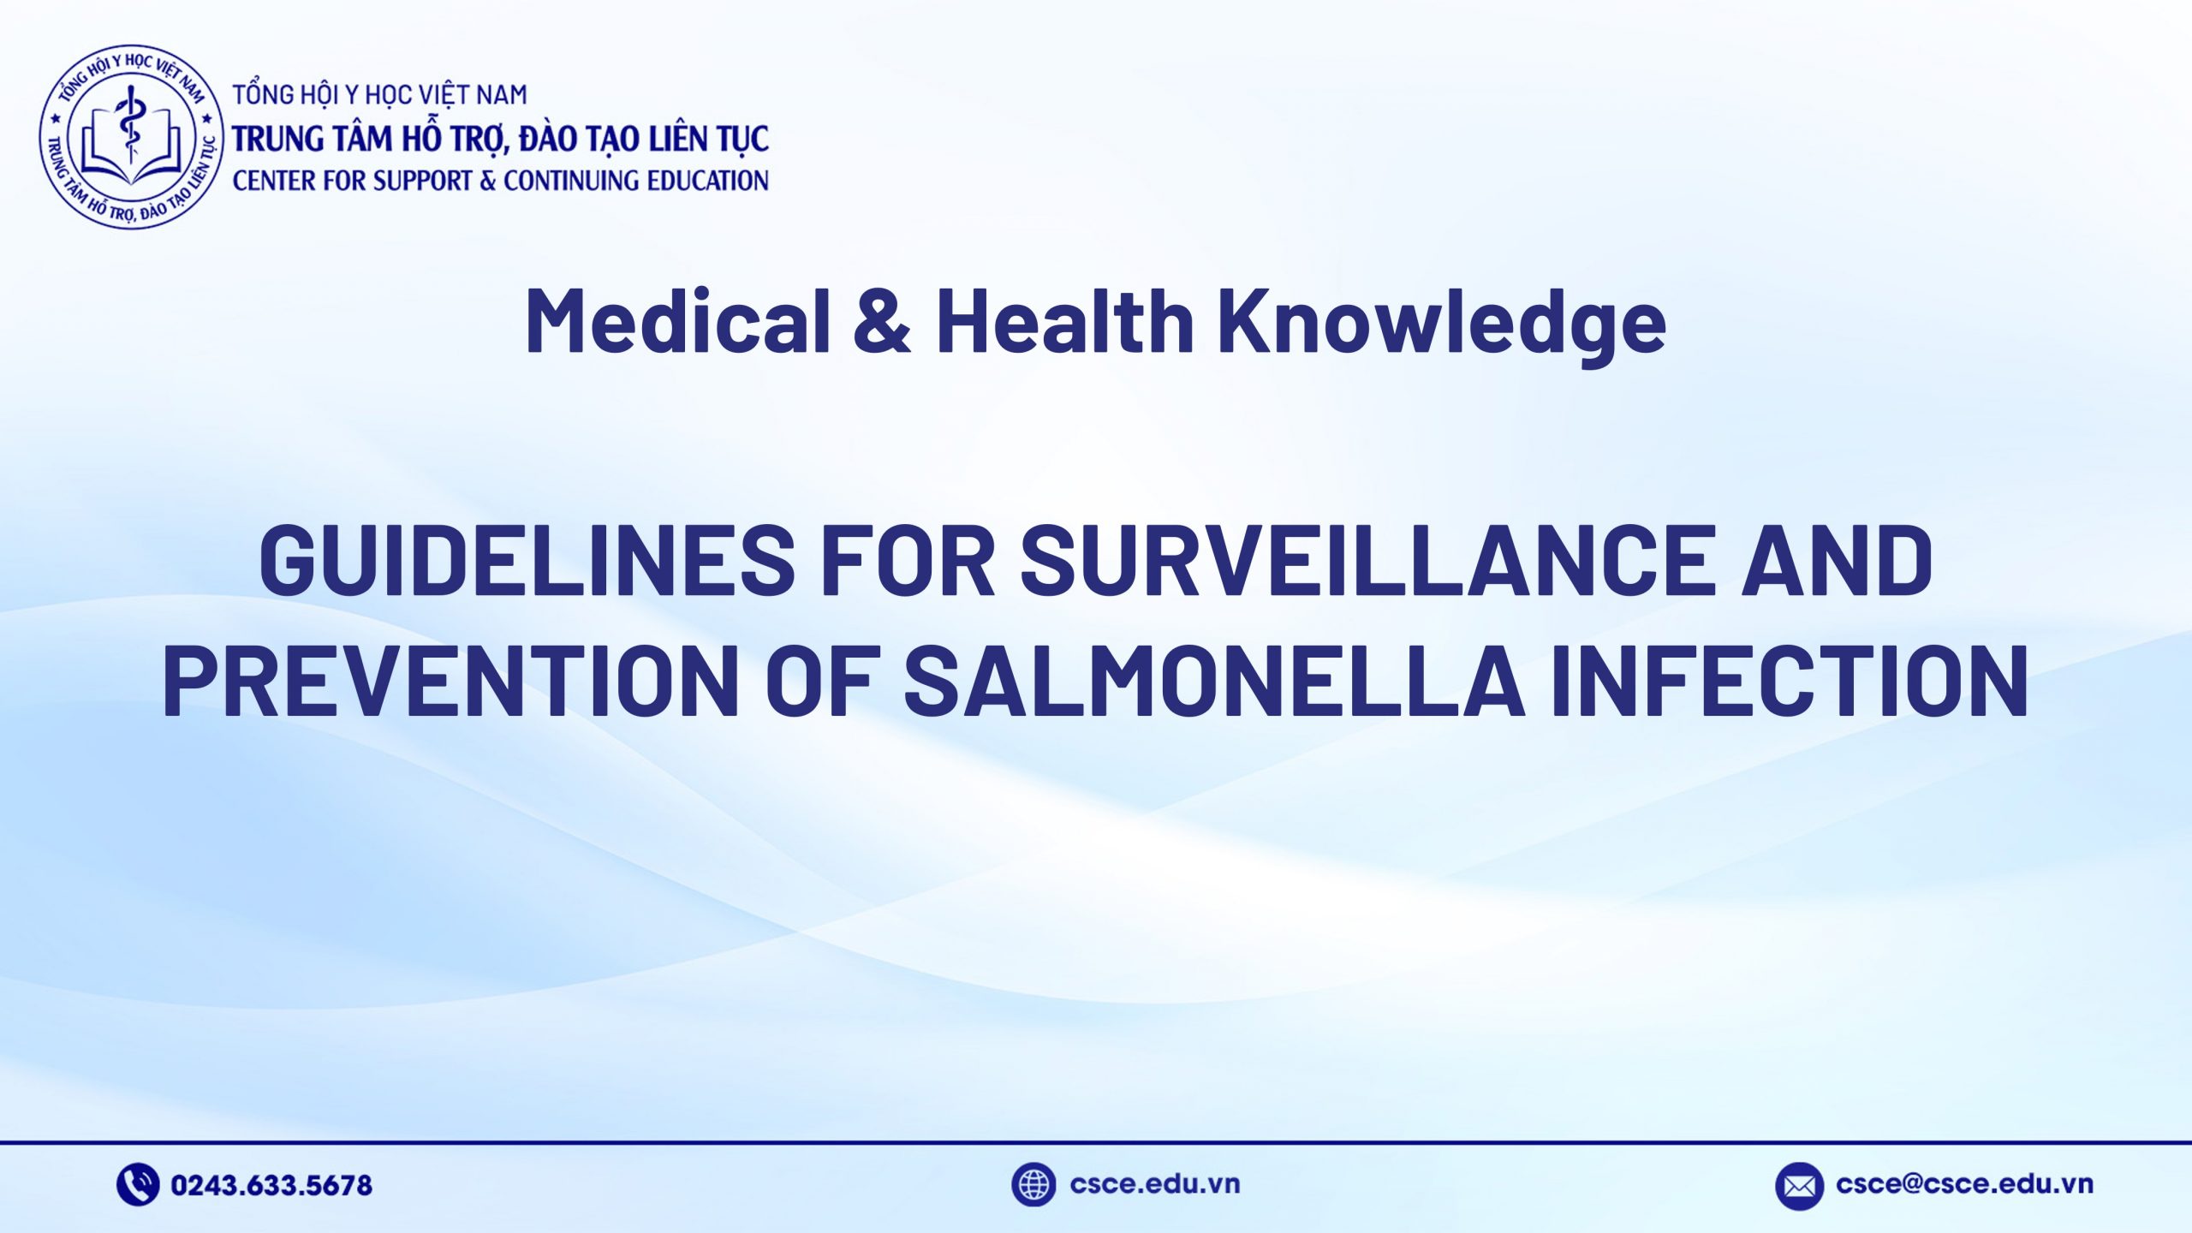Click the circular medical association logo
(x=131, y=137)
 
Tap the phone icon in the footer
(x=138, y=1185)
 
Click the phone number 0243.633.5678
(x=271, y=1186)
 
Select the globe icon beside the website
(x=1033, y=1185)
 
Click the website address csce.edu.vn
(x=1154, y=1184)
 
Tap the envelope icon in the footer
(x=1799, y=1186)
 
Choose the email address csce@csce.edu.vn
(x=1964, y=1184)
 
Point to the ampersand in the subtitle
(x=883, y=320)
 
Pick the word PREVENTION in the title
(x=450, y=680)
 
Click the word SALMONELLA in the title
(x=1215, y=680)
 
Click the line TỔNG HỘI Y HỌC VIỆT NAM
(x=380, y=94)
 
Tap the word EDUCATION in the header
(x=707, y=181)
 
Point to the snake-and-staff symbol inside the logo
(x=131, y=128)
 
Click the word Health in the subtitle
(x=1065, y=320)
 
